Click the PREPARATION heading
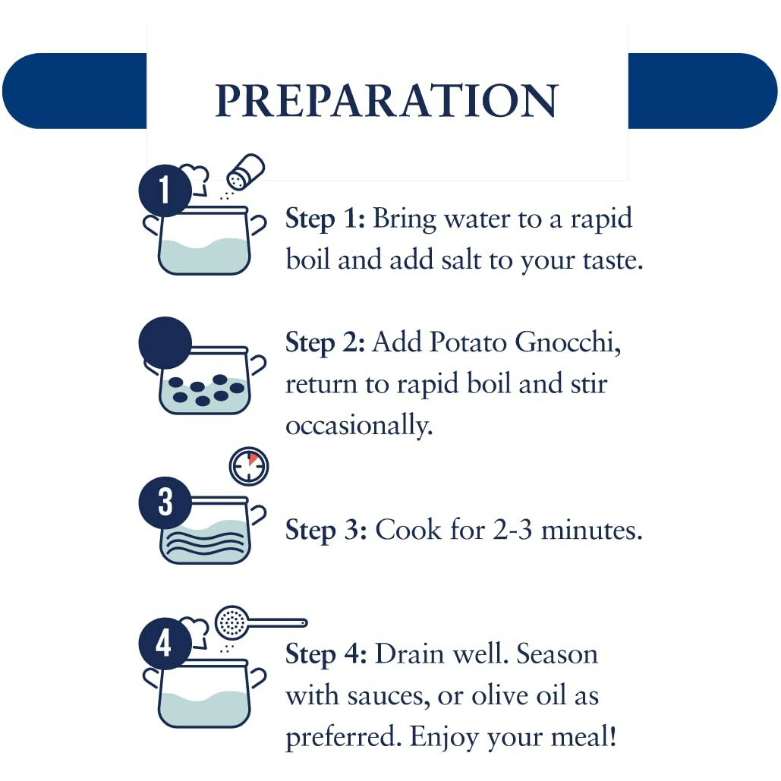tap(386, 100)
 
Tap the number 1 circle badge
tap(165, 191)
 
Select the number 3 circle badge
tap(165, 502)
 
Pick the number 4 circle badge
tap(165, 643)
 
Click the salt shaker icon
tap(245, 172)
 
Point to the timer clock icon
tap(248, 466)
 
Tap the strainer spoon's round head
tap(231, 622)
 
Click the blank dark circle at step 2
tap(165, 343)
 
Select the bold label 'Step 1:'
tap(326, 219)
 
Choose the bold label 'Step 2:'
tap(326, 343)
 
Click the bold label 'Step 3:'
tap(326, 530)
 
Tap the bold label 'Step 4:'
tap(326, 654)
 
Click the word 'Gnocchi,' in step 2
tap(568, 343)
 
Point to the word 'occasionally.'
tap(359, 426)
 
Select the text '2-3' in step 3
tap(513, 530)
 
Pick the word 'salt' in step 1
tap(461, 260)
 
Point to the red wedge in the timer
tap(253, 458)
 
